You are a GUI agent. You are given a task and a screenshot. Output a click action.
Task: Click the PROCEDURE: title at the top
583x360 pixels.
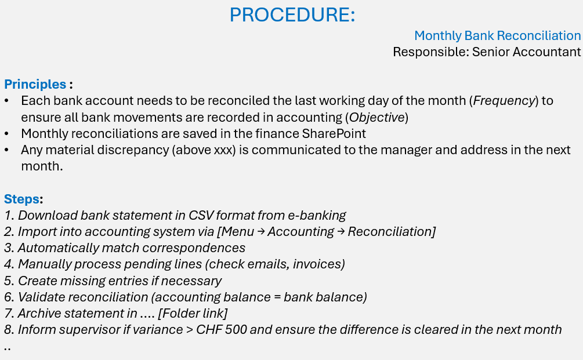[x=292, y=14]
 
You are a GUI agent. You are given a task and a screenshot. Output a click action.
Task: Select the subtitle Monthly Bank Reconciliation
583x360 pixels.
[x=497, y=36]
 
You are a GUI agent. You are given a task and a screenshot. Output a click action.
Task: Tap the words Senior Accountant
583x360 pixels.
[x=526, y=52]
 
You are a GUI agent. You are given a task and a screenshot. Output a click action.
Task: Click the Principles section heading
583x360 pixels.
[x=35, y=84]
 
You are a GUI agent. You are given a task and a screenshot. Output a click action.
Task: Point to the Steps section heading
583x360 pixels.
[x=22, y=199]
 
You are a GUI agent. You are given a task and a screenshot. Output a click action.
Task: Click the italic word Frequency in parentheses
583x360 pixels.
[x=504, y=101]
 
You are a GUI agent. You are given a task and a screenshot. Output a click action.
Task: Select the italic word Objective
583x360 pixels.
[x=376, y=117]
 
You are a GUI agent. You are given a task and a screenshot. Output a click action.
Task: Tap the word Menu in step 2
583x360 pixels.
[x=238, y=232]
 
